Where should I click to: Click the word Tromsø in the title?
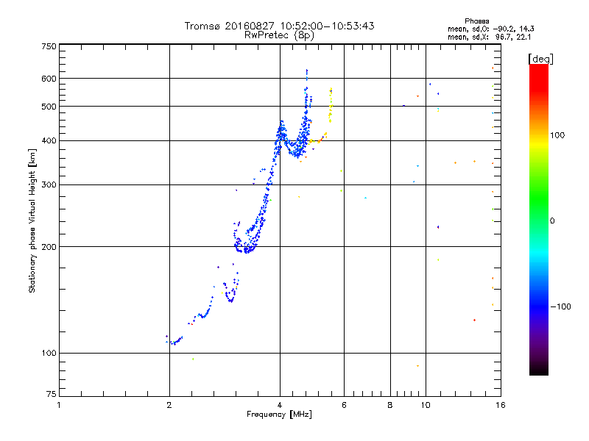[x=203, y=26]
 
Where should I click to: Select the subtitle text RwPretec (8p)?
[x=280, y=35]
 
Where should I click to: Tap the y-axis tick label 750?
[x=49, y=46]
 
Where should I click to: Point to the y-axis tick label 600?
[x=49, y=79]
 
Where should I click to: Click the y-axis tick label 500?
[x=49, y=107]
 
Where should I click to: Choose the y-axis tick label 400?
[x=49, y=141]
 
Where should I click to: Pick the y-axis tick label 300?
[x=49, y=185]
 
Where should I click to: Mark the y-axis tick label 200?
[x=49, y=247]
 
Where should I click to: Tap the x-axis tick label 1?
[x=59, y=405]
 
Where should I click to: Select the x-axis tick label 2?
[x=169, y=405]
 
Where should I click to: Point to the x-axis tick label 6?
[x=344, y=405]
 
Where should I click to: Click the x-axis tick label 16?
[x=500, y=405]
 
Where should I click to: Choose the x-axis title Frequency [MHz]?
[x=279, y=415]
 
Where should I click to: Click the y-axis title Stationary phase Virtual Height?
[x=32, y=220]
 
